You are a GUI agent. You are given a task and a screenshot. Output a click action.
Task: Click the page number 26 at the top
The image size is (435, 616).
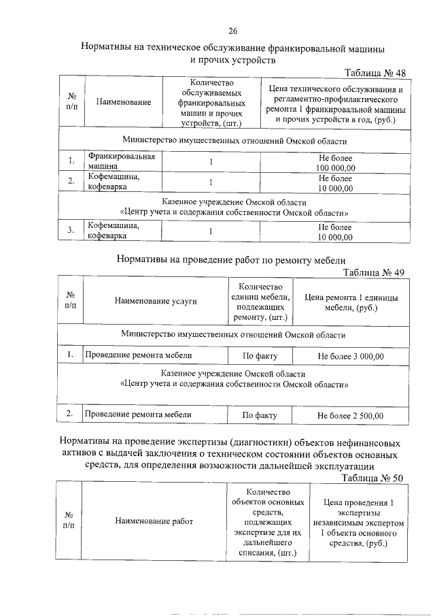[232, 31]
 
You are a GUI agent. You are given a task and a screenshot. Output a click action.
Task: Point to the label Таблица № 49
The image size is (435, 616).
[374, 272]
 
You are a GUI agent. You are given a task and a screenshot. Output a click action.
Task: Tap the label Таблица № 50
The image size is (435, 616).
[373, 478]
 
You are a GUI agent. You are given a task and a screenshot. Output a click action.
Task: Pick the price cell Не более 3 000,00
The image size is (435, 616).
[351, 356]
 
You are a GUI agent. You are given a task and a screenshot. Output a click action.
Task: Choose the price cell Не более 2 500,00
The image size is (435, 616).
[351, 415]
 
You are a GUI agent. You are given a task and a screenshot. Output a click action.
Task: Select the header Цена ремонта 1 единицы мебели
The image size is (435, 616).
[351, 302]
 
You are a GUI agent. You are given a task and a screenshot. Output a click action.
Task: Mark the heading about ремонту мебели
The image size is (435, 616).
[231, 259]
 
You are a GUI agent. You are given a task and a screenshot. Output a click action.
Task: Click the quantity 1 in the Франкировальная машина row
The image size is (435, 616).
[211, 162]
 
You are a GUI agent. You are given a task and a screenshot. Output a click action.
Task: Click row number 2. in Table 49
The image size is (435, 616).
[70, 414]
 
